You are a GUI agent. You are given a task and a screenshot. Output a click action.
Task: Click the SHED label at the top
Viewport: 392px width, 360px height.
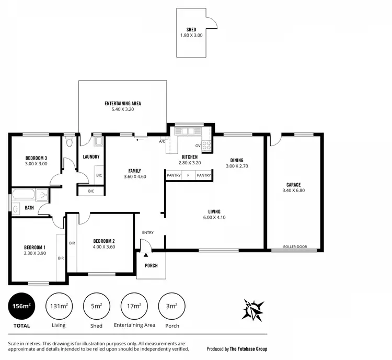[x=191, y=29]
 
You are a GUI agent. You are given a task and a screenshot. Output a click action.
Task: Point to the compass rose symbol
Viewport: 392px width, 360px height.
[x=252, y=310]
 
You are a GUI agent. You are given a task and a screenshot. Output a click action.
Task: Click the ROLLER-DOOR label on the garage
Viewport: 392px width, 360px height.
[x=293, y=246]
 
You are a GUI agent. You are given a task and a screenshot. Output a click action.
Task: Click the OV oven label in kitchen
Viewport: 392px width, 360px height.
[x=198, y=145]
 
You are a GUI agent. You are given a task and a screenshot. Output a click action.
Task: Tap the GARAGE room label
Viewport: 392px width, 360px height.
[x=293, y=184]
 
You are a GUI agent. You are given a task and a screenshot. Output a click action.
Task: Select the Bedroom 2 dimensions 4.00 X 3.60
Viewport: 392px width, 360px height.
[x=103, y=247]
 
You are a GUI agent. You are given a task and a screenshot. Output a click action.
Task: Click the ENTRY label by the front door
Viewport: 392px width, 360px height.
[x=148, y=233]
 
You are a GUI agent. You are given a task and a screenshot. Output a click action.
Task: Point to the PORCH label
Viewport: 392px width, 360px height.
[x=151, y=266]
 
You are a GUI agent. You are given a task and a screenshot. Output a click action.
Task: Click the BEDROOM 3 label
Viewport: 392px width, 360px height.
[x=36, y=158]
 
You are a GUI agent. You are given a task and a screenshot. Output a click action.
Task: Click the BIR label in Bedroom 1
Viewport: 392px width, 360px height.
[x=61, y=258]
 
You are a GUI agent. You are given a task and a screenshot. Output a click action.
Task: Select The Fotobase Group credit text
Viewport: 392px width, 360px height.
[x=248, y=348]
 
